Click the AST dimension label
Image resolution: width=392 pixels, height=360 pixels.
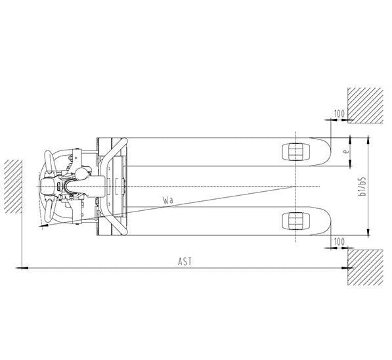tap(185, 261)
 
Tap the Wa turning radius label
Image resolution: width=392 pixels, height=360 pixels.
tap(167, 200)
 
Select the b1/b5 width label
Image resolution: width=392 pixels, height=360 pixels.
tap(362, 187)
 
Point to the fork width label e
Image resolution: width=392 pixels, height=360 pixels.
tap(346, 152)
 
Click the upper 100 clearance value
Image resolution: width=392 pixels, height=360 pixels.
tap(339, 114)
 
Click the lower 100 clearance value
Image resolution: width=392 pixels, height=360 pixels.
tap(339, 242)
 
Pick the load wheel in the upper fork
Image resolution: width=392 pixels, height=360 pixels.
tap(295, 152)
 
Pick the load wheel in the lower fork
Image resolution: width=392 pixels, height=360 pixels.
tap(295, 221)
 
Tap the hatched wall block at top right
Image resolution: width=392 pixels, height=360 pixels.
tap(365, 105)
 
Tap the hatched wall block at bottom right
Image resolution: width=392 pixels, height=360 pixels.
tap(365, 267)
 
